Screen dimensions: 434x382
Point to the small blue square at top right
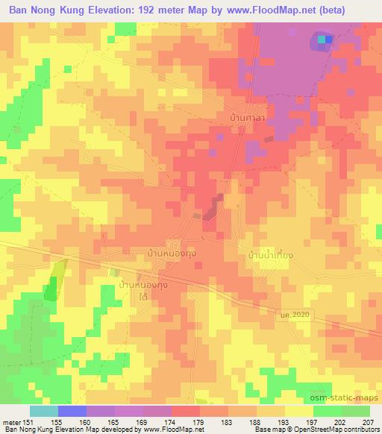329,39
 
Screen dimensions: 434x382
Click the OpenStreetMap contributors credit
340,430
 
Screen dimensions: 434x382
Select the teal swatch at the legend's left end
44,411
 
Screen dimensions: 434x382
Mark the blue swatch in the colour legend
72,411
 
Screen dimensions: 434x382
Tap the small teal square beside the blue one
322,39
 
